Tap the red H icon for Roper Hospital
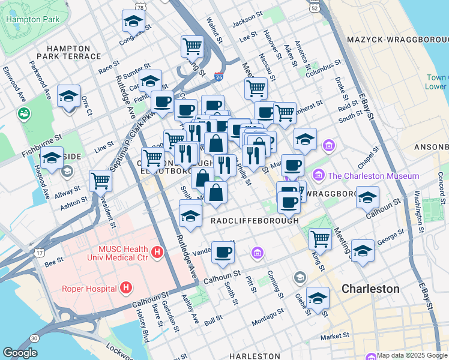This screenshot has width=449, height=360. [125, 289]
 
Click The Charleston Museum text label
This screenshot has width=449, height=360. [373, 176]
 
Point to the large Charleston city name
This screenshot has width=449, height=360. [370, 289]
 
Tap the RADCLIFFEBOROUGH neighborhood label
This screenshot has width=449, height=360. [255, 221]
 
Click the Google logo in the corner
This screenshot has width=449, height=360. [20, 353]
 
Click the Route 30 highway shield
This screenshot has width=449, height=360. [35, 338]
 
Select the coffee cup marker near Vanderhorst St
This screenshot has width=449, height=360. [223, 253]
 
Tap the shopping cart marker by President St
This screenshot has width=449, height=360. [100, 180]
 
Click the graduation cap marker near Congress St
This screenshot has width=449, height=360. [133, 22]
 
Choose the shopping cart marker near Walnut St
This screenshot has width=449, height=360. [192, 46]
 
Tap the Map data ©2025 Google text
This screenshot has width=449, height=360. [412, 355]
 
